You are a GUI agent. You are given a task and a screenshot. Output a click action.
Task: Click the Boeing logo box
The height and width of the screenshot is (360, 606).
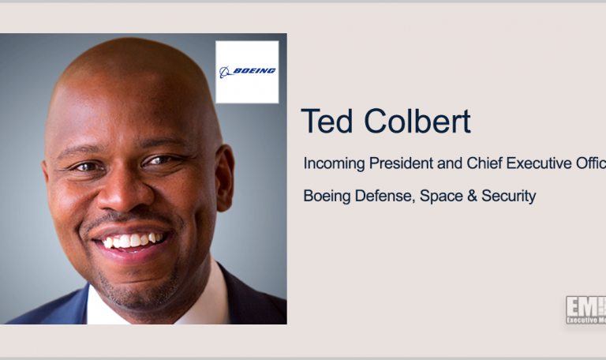[x=247, y=72]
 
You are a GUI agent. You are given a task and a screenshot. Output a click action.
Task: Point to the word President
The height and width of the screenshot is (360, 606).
[x=405, y=163]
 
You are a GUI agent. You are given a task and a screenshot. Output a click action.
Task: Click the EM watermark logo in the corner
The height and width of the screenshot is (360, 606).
[x=585, y=310]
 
